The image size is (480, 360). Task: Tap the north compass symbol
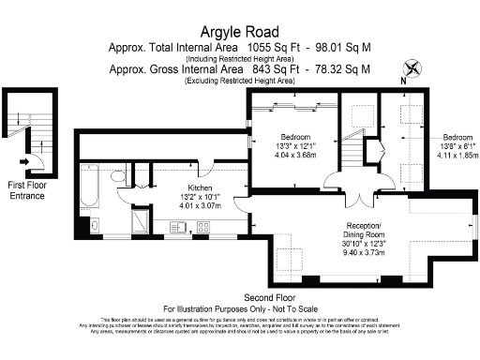410,68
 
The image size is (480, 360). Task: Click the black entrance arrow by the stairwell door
22,159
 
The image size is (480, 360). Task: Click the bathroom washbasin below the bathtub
95,226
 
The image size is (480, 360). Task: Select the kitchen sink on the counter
177,227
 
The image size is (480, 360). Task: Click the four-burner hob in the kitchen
202,227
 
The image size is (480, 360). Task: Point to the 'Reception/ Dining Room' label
363,232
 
